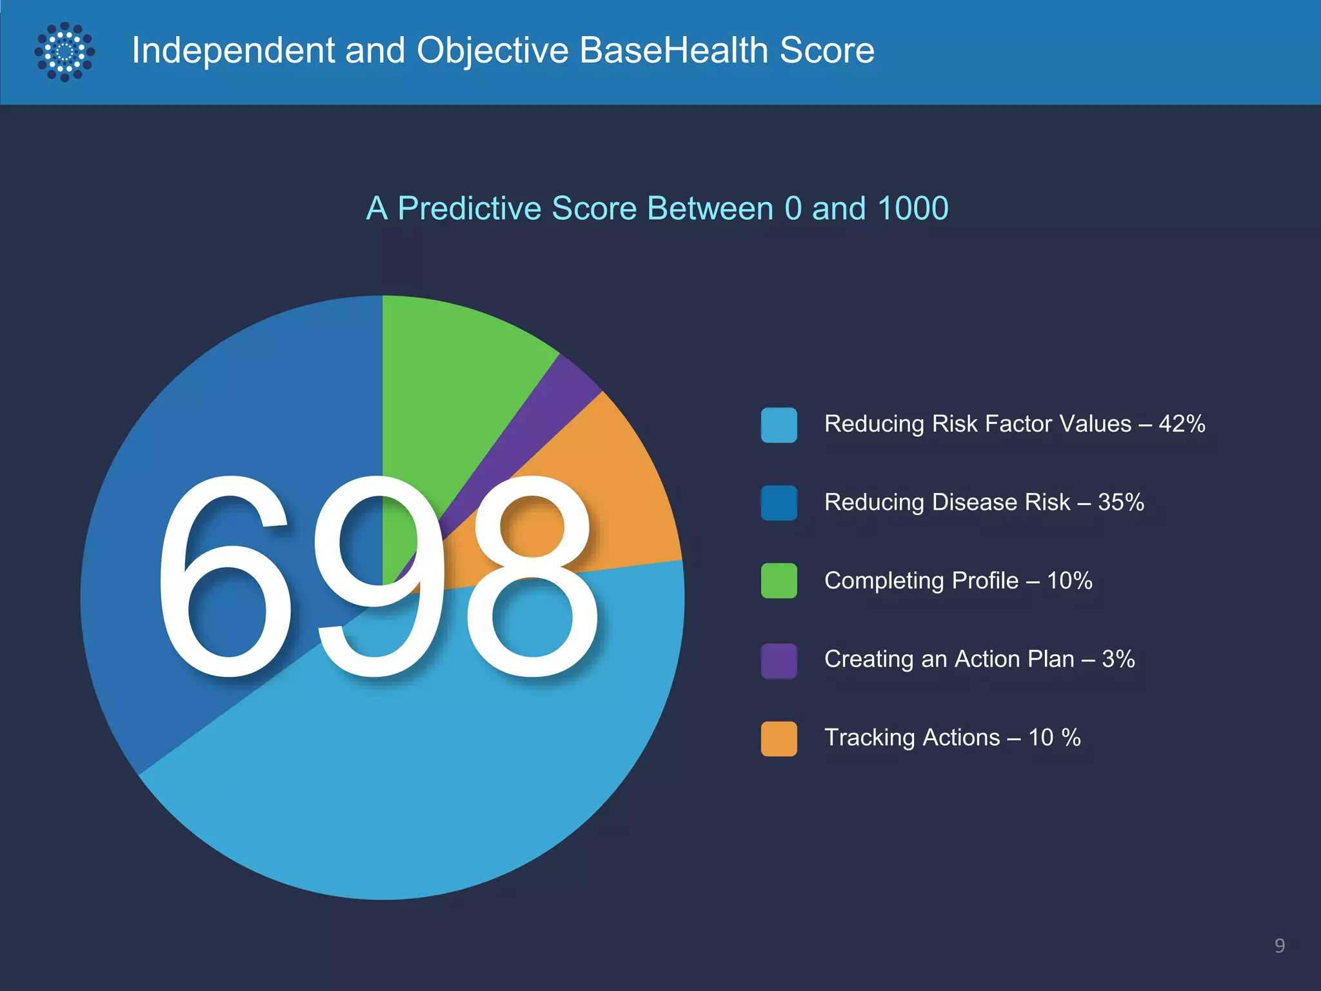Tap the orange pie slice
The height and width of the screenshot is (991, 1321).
(619, 490)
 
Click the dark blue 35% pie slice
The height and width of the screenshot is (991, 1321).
(213, 419)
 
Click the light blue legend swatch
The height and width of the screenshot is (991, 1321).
(779, 425)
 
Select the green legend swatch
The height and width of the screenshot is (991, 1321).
(779, 581)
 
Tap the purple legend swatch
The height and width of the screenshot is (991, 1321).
(779, 661)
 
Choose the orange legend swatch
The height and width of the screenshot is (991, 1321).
(779, 739)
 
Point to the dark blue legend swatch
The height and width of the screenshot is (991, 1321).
(779, 503)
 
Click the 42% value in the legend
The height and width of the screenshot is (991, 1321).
(1182, 424)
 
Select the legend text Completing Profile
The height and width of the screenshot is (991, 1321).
(921, 581)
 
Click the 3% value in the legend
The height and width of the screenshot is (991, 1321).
(1118, 659)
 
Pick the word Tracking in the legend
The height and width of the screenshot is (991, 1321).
(871, 737)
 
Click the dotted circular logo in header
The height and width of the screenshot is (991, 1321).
(65, 52)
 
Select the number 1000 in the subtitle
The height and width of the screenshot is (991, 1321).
(912, 208)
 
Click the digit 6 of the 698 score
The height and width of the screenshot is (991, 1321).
(223, 577)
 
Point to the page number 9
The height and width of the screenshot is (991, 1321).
(1280, 946)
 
